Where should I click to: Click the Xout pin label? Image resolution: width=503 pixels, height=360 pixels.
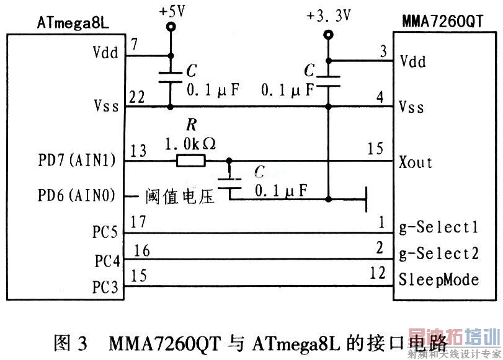(416, 162)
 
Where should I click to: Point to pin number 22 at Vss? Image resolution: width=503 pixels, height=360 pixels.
(137, 97)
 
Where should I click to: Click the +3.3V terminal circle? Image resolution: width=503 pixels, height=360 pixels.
(329, 35)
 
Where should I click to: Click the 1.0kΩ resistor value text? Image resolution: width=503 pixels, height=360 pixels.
(190, 144)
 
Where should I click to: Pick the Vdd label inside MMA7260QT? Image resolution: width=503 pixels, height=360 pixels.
(412, 61)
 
